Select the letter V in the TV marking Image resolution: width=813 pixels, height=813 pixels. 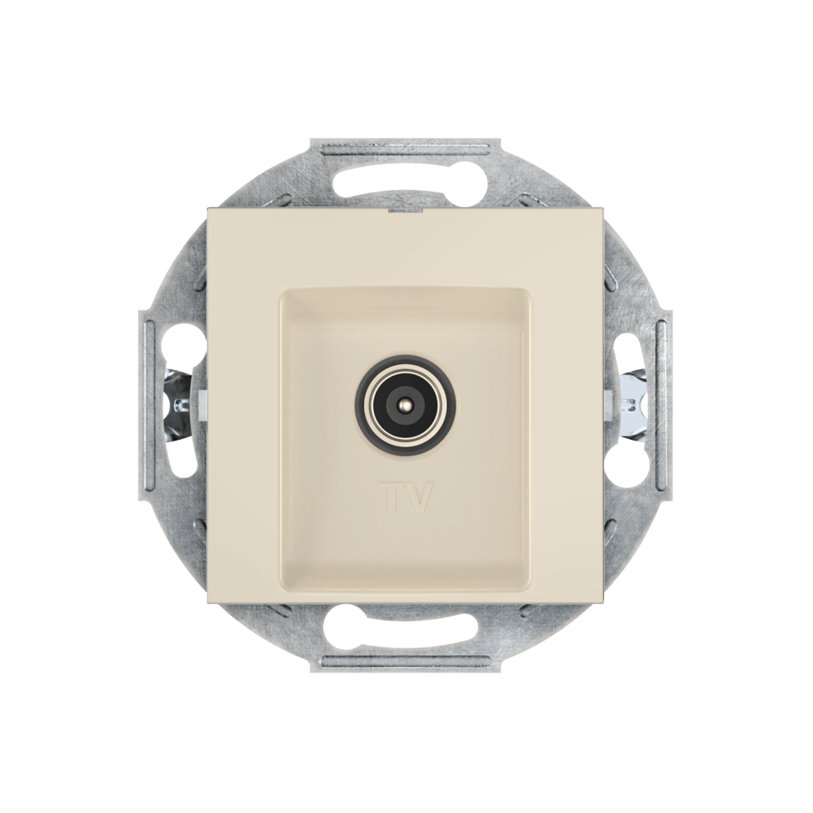pyautogui.click(x=419, y=498)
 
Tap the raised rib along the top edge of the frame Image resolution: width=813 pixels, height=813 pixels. pyautogui.click(x=406, y=150)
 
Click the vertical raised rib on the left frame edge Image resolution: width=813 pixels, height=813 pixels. pyautogui.click(x=150, y=405)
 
